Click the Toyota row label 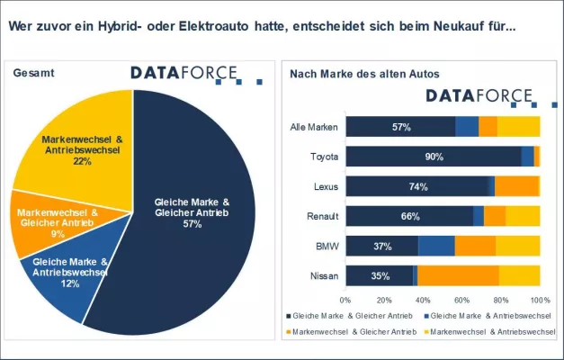click(x=324, y=157)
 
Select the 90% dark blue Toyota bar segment click(x=434, y=157)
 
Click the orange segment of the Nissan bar click(x=458, y=275)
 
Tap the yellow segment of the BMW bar click(x=517, y=246)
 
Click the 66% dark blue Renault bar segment click(x=409, y=216)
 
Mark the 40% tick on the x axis click(x=423, y=299)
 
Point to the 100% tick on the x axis click(x=539, y=299)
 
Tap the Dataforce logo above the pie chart click(x=184, y=73)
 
